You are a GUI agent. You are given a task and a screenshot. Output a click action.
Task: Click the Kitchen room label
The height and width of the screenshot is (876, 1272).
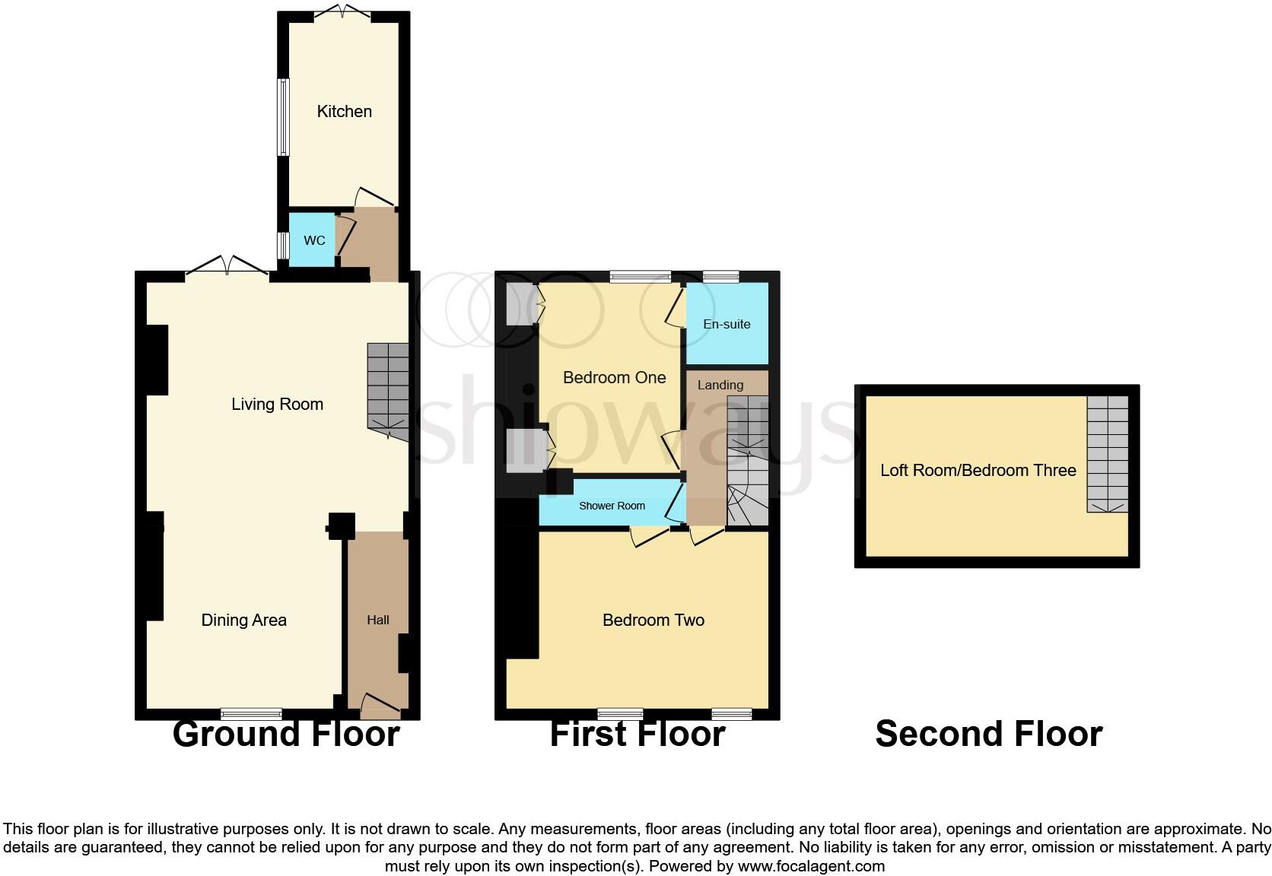click(x=344, y=111)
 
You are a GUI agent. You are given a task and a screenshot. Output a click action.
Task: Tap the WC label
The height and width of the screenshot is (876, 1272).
click(x=314, y=240)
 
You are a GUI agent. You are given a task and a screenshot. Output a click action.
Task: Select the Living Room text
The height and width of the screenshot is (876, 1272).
click(x=277, y=404)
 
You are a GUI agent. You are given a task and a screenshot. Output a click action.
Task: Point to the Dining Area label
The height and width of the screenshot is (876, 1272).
click(x=243, y=620)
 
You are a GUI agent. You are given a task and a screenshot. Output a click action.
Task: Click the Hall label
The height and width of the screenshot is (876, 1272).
click(x=377, y=620)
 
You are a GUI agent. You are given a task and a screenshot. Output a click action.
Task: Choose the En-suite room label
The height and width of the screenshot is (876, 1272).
click(x=727, y=324)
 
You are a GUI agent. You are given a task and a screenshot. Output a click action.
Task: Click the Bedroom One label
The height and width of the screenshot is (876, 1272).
click(x=614, y=377)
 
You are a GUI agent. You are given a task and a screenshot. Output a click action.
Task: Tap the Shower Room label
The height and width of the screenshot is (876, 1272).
click(x=612, y=506)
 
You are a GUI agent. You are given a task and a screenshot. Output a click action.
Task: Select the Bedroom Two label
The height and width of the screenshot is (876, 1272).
click(x=653, y=620)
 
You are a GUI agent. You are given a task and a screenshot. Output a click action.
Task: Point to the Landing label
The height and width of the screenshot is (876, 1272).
click(x=720, y=385)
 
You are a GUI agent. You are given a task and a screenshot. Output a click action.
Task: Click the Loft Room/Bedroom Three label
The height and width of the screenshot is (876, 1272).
click(x=978, y=470)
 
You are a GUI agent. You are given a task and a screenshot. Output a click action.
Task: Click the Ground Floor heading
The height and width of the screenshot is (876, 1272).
click(x=285, y=734)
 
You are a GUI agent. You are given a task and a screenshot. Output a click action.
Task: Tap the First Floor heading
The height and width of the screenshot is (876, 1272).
click(x=637, y=734)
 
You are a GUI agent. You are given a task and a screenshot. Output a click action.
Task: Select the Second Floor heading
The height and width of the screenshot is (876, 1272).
click(x=988, y=734)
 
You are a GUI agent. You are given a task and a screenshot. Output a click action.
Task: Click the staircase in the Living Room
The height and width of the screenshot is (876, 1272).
click(x=388, y=392)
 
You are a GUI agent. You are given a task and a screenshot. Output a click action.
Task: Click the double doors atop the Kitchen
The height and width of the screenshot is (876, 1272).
click(x=342, y=12)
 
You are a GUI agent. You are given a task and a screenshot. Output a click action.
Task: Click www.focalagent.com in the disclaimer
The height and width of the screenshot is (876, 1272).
click(x=810, y=865)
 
